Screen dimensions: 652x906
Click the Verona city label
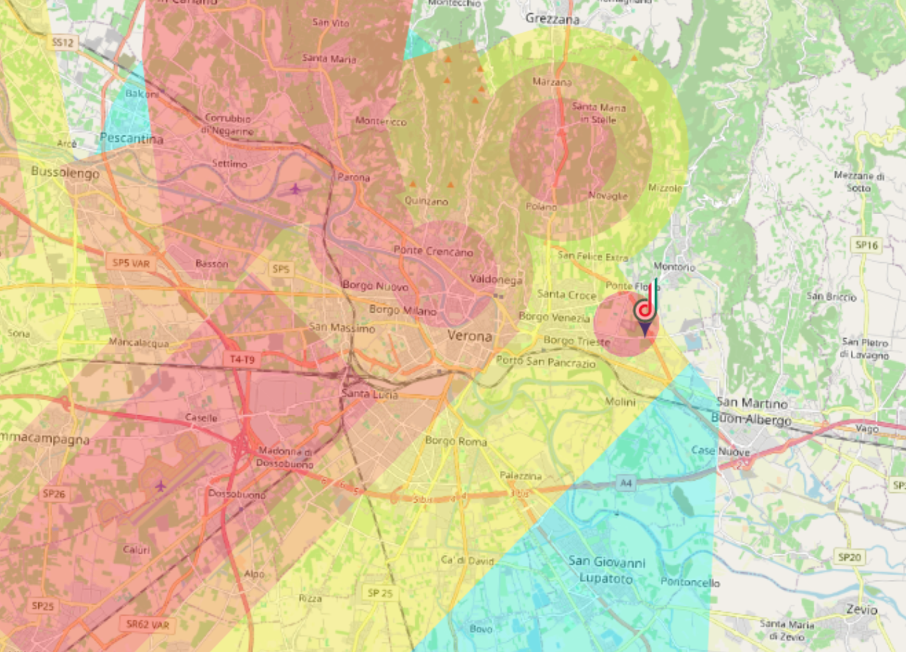(469, 336)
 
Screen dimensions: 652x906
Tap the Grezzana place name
(552, 19)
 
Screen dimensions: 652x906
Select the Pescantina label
(131, 138)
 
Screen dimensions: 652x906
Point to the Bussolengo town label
(65, 172)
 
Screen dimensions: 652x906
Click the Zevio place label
(862, 609)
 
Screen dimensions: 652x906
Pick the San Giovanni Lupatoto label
(607, 570)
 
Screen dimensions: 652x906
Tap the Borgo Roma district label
(455, 441)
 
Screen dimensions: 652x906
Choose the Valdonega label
(496, 279)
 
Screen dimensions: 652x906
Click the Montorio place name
(674, 267)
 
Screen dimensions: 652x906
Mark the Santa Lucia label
(369, 394)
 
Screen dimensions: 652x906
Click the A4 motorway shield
(625, 483)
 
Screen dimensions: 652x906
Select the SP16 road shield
(867, 245)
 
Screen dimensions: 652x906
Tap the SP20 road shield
(849, 557)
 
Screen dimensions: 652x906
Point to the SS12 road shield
(63, 42)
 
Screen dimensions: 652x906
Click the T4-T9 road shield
(242, 360)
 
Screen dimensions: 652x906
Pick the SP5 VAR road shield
(131, 263)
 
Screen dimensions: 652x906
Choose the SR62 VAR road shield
(148, 624)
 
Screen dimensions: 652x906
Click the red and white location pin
(645, 310)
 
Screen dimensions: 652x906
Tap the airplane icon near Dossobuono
(160, 486)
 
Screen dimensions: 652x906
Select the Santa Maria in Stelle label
(598, 114)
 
